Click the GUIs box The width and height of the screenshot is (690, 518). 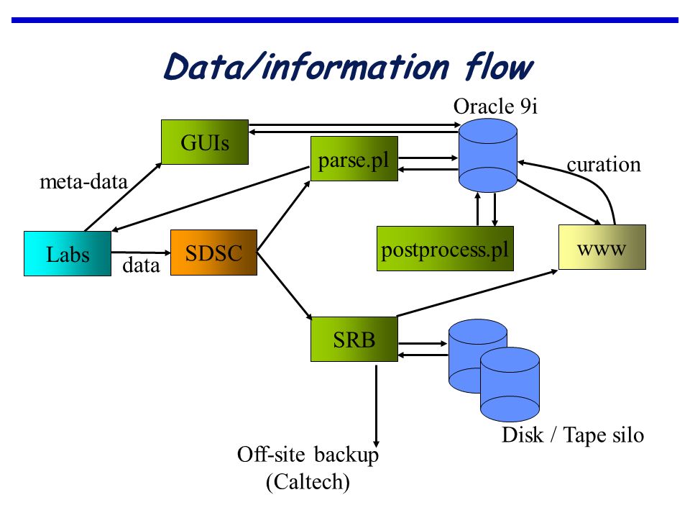point(205,142)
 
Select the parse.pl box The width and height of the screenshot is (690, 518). point(354,158)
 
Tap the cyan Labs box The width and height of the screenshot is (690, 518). point(68,254)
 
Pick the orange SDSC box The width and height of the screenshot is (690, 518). point(214,253)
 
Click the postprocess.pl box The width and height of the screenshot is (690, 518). point(446,248)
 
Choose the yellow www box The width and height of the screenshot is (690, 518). point(602,247)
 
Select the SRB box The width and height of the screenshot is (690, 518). point(354,339)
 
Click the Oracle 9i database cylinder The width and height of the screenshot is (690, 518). point(488,155)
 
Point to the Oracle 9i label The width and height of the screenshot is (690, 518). point(495,106)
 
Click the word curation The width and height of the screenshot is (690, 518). point(604,165)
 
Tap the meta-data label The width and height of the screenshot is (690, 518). point(83,181)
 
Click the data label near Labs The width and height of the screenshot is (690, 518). point(141,265)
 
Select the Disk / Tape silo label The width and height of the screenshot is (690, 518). point(573,435)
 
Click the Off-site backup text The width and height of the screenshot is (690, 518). point(308,455)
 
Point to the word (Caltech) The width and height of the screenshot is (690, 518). point(308,481)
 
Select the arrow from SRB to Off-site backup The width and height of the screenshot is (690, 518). point(376,406)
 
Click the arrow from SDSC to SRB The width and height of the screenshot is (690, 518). point(285,286)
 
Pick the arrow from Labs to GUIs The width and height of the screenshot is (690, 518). point(123,197)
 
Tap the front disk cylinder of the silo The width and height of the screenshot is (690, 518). point(510,384)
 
